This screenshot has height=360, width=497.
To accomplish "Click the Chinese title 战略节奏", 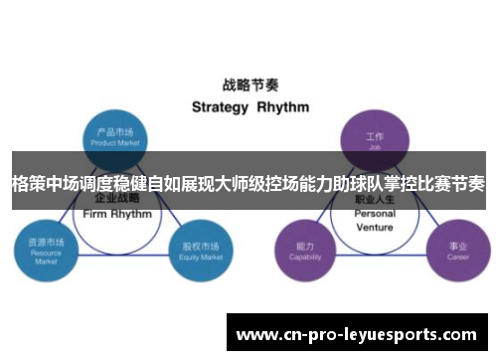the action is [x=248, y=86].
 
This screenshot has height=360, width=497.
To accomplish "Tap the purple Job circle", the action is [x=375, y=136].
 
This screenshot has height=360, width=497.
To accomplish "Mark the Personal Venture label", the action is [x=375, y=220].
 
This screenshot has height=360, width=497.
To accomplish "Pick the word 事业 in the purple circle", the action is [x=457, y=245].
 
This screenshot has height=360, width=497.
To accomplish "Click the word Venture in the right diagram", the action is [x=375, y=227].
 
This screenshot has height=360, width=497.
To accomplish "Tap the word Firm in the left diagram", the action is [x=97, y=214].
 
